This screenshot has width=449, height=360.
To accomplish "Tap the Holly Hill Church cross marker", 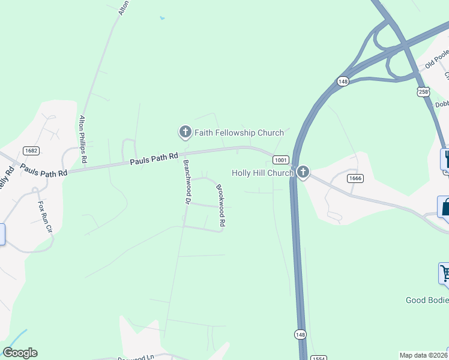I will coord(303,173).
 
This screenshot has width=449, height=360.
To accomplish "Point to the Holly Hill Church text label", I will coord(262,173).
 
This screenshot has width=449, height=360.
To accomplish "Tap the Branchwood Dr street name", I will coord(187,182).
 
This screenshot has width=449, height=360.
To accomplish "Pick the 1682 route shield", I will coord(32,150).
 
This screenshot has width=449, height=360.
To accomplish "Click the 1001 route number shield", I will coord(280,160).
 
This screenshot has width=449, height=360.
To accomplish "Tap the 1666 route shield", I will coord(355,178).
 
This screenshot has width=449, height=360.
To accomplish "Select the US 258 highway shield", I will coord(424,91).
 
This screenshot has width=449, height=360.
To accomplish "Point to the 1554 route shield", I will coord(319,358).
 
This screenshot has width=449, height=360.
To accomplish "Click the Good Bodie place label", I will coord(427,300).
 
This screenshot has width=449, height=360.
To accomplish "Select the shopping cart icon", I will coord(445,273).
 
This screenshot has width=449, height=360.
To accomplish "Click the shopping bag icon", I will coord(444,207).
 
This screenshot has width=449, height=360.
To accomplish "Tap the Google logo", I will coord(20,353).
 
